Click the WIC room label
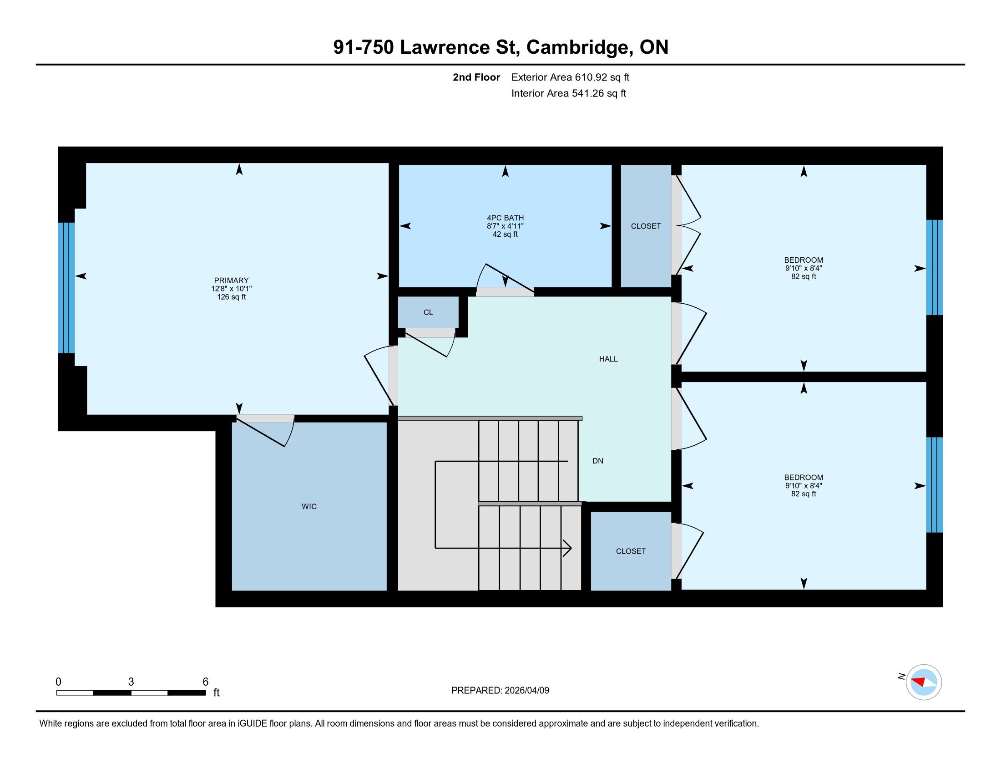tap(309, 506)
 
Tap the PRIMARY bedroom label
tap(231, 280)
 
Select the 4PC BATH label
tap(505, 218)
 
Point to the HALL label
tap(608, 359)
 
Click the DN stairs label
tap(598, 461)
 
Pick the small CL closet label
tap(428, 312)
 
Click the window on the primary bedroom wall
tap(66, 287)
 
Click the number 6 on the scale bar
tap(205, 682)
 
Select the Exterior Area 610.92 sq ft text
tap(570, 77)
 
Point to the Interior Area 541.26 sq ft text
tap(568, 93)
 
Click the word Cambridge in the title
tap(577, 47)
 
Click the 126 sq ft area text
tap(231, 297)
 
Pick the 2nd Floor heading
tap(476, 77)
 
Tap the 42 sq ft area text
tap(505, 234)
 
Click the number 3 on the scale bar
tap(131, 682)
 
